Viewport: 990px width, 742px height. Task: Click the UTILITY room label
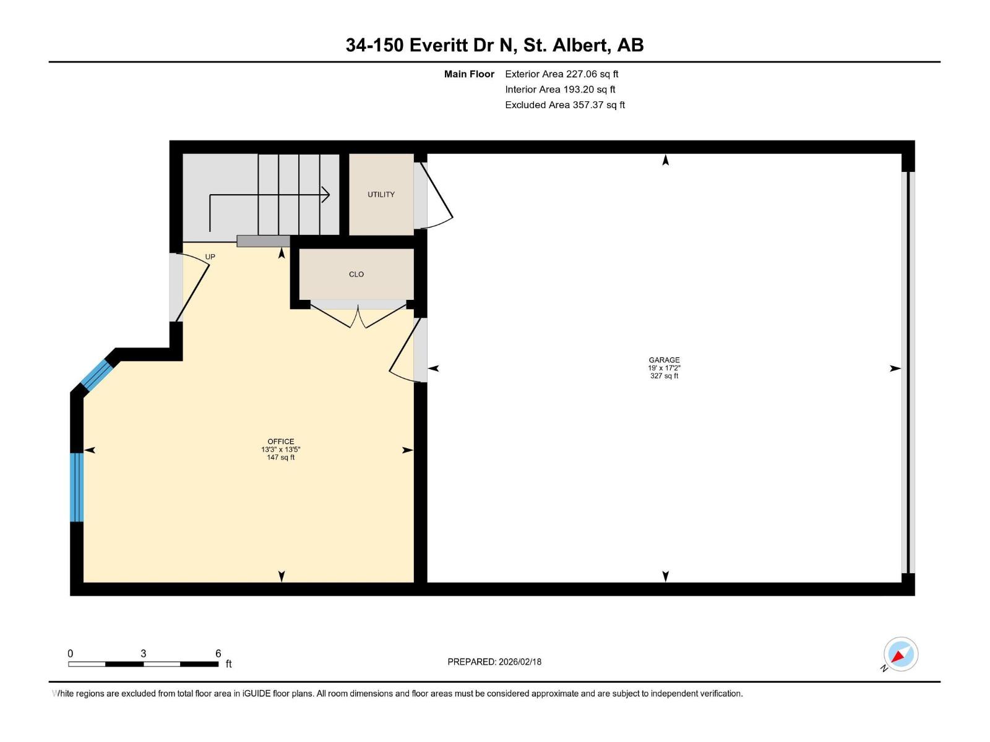click(x=381, y=194)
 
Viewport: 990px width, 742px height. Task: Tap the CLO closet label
click(x=356, y=274)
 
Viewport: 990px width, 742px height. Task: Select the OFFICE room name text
click(x=280, y=441)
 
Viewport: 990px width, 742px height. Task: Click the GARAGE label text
click(x=664, y=360)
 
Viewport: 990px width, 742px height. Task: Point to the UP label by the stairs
click(x=210, y=257)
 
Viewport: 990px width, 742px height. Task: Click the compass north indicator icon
click(x=900, y=654)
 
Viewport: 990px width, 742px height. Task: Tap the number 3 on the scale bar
click(x=143, y=654)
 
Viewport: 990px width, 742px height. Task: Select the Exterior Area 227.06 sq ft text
click(x=561, y=74)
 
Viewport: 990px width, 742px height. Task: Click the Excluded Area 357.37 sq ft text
click(x=564, y=105)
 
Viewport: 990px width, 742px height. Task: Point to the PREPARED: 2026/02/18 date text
click(x=494, y=662)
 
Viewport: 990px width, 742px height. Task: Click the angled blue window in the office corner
click(x=97, y=375)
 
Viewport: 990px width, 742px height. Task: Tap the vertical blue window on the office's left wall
click(x=77, y=487)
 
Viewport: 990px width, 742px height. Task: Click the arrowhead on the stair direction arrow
click(x=325, y=195)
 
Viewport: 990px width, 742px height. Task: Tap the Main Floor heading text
click(x=469, y=74)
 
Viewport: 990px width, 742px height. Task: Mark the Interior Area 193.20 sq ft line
click(x=559, y=90)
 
